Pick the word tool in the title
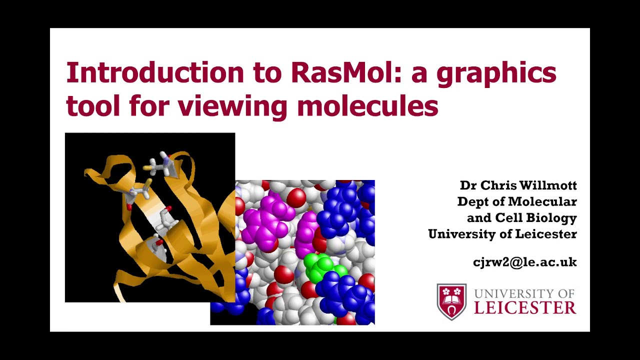(93, 106)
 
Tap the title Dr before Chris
(468, 185)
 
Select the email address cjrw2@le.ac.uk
(524, 262)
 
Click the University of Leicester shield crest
(451, 301)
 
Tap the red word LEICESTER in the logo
(525, 307)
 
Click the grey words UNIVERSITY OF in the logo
(524, 293)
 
